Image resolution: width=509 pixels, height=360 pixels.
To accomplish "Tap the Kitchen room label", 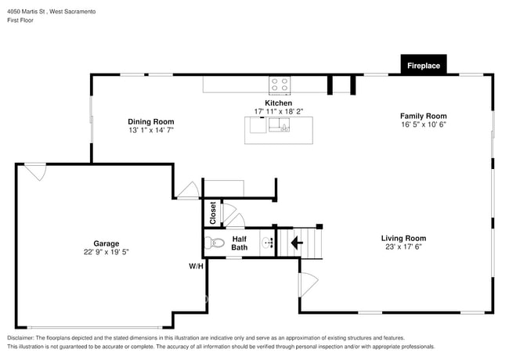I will [278, 103].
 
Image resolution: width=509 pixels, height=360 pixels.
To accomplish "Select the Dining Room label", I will [151, 121].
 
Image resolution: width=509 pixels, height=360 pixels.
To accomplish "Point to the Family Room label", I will [423, 116].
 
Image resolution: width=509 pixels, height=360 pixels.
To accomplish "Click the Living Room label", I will [403, 238].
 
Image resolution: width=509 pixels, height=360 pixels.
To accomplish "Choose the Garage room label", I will [106, 243].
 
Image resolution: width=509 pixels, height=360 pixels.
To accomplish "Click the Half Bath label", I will [239, 243].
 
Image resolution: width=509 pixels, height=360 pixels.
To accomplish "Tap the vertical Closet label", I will [212, 213].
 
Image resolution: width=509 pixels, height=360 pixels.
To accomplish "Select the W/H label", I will [196, 266].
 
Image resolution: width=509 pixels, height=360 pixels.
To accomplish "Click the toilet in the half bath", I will [215, 243].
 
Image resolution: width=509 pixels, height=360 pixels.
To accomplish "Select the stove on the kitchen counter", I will [279, 83].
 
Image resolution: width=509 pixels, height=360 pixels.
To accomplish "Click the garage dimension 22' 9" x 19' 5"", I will [106, 253].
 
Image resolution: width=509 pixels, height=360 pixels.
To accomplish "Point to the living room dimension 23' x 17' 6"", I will [403, 247].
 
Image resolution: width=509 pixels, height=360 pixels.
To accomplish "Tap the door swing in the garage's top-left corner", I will [35, 171].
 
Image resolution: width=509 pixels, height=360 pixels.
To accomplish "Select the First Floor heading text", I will [20, 20].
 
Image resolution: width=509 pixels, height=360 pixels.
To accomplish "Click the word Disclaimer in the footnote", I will [21, 338].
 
